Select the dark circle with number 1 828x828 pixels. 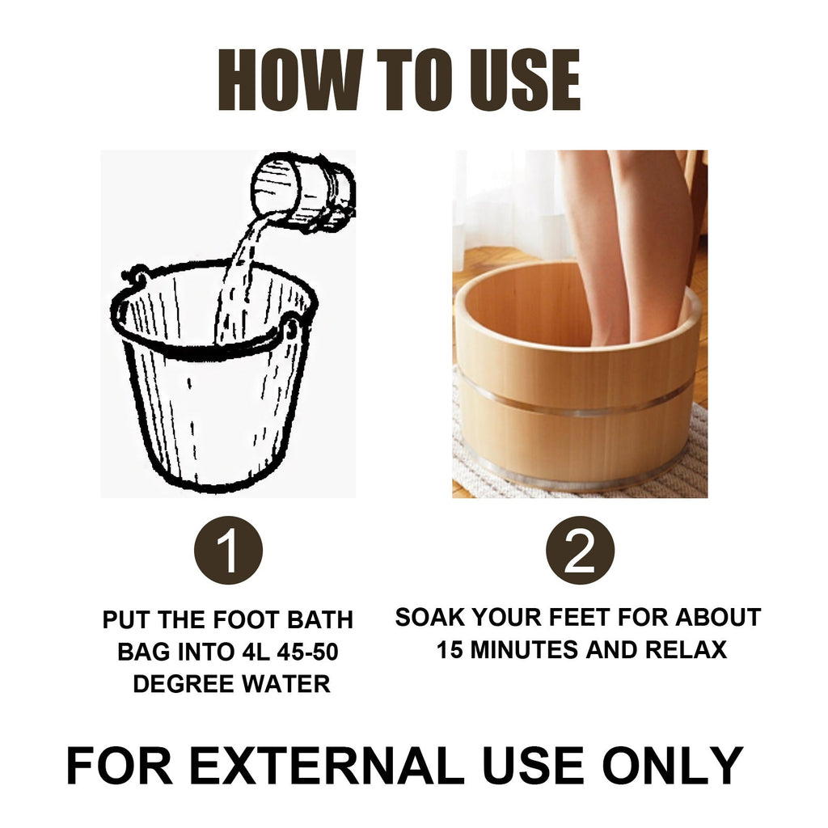click(228, 551)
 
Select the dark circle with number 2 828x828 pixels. click(580, 551)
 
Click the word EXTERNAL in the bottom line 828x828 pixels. click(327, 765)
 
